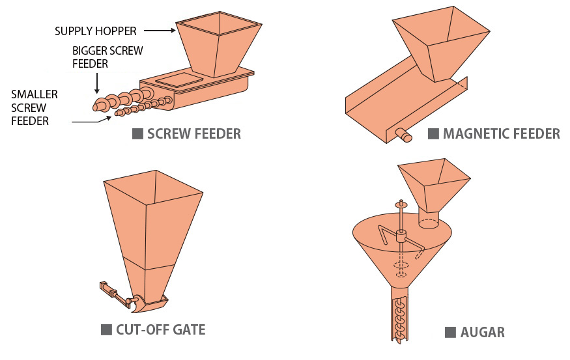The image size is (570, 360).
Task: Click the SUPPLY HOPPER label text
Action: point(95,31)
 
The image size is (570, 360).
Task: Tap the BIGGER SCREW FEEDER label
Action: point(108,57)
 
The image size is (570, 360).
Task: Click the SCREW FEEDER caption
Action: point(194,134)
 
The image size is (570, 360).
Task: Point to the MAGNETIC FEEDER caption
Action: point(501,134)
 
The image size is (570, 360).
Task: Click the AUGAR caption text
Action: point(482,333)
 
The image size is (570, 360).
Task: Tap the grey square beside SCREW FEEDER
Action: point(137,134)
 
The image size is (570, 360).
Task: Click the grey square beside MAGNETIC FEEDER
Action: point(433,134)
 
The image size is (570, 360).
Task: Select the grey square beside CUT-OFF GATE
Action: point(106,329)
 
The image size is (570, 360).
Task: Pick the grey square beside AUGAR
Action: point(450,333)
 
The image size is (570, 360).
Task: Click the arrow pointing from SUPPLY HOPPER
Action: point(160,31)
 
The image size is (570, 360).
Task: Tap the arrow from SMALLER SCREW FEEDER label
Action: point(87,120)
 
